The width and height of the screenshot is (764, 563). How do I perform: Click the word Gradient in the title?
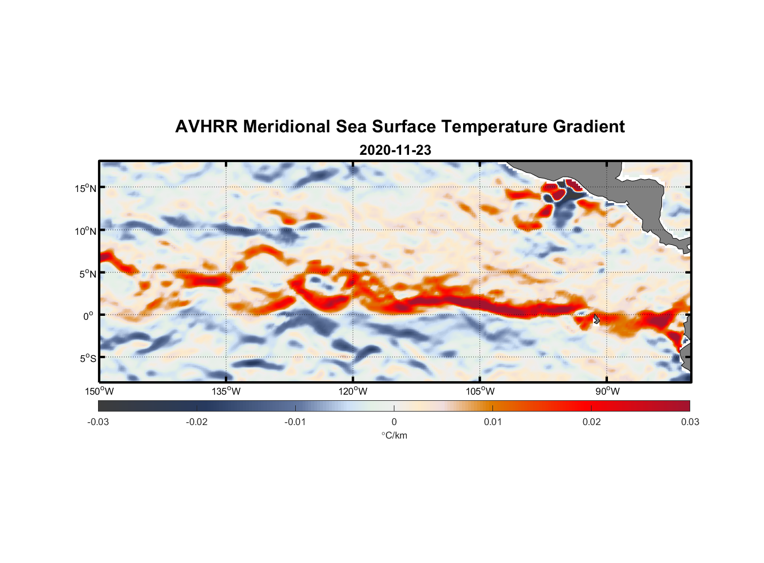(589, 127)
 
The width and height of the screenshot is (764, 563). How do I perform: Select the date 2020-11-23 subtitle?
(395, 150)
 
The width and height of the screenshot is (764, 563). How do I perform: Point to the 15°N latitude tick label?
(86, 188)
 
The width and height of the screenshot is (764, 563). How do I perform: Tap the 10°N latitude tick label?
(86, 231)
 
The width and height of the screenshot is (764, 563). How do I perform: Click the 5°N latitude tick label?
(87, 274)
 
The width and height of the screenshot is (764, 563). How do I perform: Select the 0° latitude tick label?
(88, 316)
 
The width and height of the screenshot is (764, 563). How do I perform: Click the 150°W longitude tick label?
(99, 391)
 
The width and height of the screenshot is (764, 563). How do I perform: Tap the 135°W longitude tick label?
(226, 391)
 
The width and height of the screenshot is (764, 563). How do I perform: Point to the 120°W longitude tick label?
(353, 391)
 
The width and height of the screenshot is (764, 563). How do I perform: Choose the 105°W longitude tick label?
(480, 391)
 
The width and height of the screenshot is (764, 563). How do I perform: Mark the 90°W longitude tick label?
(607, 391)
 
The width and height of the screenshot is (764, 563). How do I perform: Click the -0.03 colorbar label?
(98, 422)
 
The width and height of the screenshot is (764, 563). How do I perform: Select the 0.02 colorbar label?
(591, 422)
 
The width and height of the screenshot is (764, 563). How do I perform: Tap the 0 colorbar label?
(394, 422)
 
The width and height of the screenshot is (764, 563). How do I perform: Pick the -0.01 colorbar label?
(295, 422)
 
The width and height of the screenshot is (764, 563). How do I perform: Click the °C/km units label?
(394, 435)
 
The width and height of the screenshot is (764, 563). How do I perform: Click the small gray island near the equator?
(596, 319)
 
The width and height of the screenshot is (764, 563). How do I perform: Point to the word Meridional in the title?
(287, 127)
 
